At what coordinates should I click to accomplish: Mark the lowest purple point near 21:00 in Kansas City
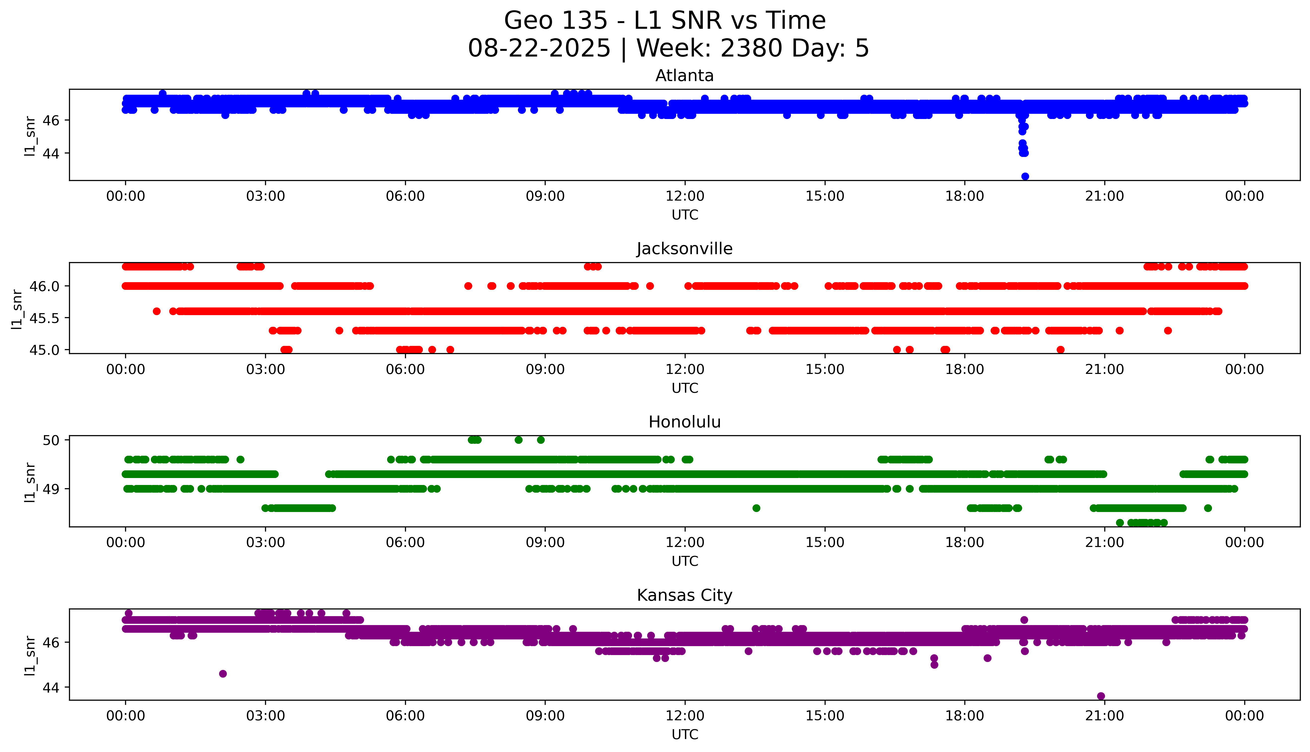(1101, 696)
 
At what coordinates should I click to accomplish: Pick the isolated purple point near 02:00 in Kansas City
(223, 673)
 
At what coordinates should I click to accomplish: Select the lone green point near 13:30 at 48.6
(756, 508)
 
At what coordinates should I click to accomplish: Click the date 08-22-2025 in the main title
(539, 49)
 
